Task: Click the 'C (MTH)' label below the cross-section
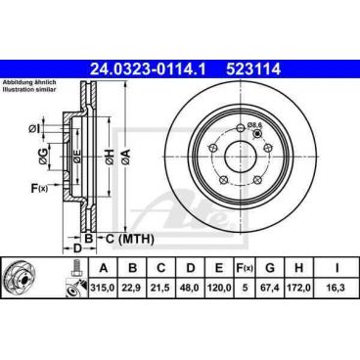pos(128,238)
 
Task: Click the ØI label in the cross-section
pos(35,128)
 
